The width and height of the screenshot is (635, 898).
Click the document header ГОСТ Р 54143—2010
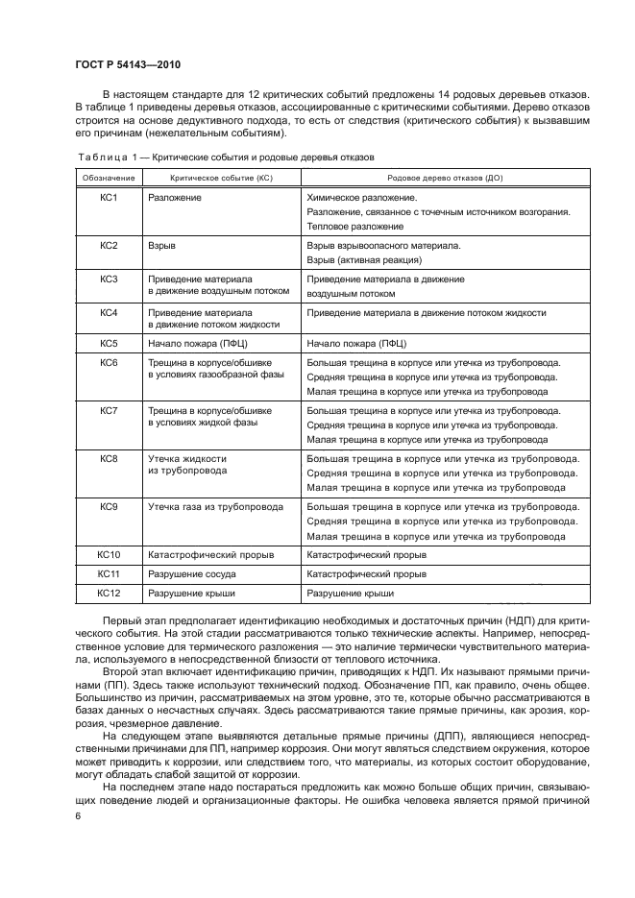[128, 64]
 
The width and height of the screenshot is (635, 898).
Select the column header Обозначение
[109, 178]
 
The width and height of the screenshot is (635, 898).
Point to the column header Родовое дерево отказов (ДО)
[437, 178]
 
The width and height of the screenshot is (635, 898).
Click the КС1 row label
[109, 197]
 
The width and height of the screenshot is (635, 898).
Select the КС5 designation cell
[109, 343]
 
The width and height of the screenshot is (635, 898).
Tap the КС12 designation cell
[109, 595]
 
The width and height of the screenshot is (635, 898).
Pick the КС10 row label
[109, 555]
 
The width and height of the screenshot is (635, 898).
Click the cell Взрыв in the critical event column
[160, 246]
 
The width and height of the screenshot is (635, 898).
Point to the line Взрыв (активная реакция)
[364, 260]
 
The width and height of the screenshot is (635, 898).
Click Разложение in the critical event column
[175, 197]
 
